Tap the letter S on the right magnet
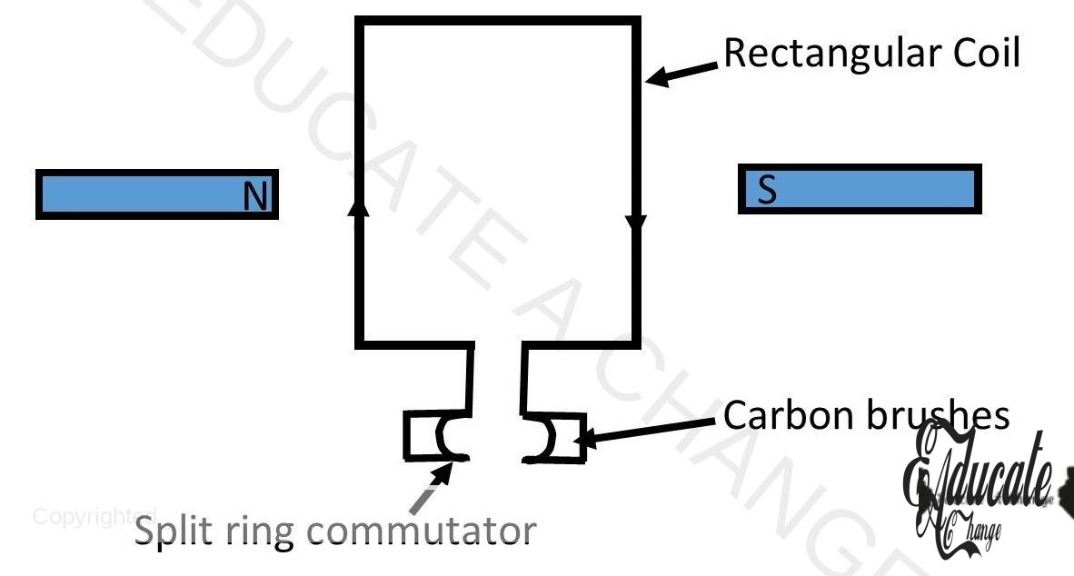[x=768, y=191]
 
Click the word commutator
[x=413, y=531]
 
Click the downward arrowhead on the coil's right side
[x=635, y=223]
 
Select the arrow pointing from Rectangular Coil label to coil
[x=684, y=72]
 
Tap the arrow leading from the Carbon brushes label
[x=650, y=430]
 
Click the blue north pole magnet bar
[x=156, y=194]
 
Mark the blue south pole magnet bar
[x=860, y=189]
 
